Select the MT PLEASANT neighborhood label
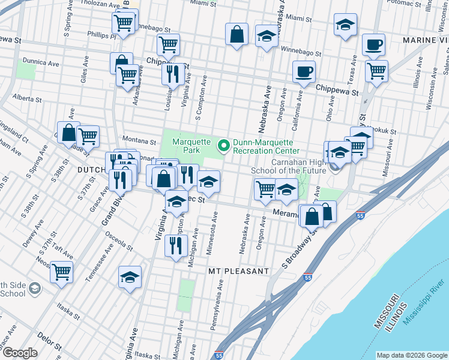pyautogui.click(x=238, y=271)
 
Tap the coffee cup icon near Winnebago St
pyautogui.click(x=373, y=44)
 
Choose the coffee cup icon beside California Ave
pyautogui.click(x=303, y=72)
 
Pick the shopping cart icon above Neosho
pyautogui.click(x=61, y=272)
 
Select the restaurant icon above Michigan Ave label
pyautogui.click(x=176, y=245)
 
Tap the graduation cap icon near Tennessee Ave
pyautogui.click(x=130, y=277)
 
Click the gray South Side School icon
pyautogui.click(x=35, y=289)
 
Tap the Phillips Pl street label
pyautogui.click(x=101, y=35)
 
